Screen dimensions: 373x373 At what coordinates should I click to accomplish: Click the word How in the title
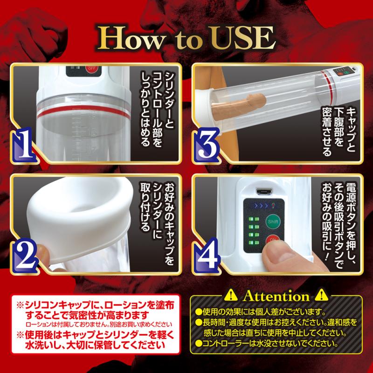tap(131, 39)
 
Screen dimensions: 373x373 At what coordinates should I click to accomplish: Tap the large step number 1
tap(25, 145)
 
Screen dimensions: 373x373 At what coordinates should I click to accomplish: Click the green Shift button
tap(273, 222)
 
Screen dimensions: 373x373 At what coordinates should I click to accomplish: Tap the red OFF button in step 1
tap(91, 69)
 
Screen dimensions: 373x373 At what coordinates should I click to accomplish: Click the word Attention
tap(276, 297)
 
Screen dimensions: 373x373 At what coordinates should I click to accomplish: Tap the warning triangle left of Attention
tap(231, 296)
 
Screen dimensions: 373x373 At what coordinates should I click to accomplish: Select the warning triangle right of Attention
tap(321, 296)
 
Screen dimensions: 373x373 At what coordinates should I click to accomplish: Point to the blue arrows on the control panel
tap(261, 206)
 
